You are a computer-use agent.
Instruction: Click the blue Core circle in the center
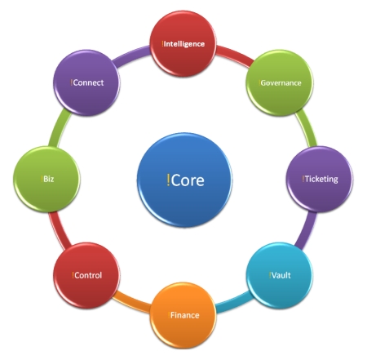184,180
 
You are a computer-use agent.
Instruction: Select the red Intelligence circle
183,43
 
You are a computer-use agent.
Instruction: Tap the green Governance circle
280,83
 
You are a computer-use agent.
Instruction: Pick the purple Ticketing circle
320,179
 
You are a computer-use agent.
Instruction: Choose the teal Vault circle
280,275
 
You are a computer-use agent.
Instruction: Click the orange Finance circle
183,315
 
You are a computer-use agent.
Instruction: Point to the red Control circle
86,275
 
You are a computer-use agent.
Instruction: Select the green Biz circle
46,179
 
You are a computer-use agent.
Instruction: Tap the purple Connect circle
86,82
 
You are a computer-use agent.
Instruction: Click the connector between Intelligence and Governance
234,56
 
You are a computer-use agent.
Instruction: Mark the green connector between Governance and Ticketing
307,128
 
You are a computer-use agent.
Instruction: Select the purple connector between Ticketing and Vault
307,230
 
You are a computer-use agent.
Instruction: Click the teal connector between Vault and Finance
234,303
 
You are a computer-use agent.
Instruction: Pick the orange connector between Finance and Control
132,303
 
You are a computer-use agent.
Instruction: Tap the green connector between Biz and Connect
60,128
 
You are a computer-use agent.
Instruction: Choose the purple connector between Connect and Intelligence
132,56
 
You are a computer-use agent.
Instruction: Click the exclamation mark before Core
168,180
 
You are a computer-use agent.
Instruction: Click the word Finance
185,315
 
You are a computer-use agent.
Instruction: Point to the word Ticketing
321,179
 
